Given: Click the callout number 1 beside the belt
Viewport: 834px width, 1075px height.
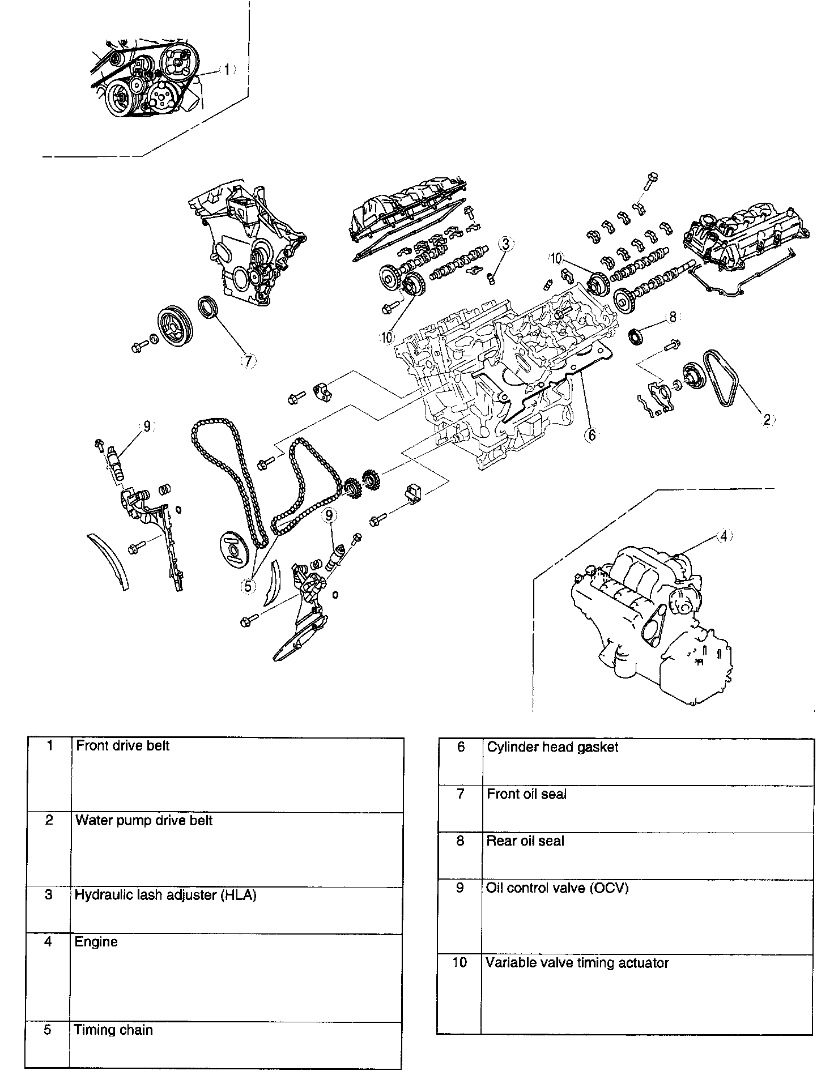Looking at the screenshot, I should (x=226, y=70).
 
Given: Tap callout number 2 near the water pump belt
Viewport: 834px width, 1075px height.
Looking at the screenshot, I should (x=767, y=419).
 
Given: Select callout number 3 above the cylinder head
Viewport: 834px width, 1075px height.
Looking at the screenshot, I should (x=507, y=244).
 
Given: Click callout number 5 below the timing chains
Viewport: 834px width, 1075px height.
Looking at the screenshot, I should (x=248, y=586).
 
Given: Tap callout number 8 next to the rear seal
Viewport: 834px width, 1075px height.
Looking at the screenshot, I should (x=673, y=317).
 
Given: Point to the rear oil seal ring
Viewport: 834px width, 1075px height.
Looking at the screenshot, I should (x=637, y=336).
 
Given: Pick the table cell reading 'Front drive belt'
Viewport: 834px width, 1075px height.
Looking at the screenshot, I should (x=123, y=746).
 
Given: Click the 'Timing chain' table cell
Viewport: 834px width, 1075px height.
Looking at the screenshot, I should (x=113, y=1030).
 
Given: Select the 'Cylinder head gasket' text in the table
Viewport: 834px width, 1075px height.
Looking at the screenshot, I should (x=552, y=748).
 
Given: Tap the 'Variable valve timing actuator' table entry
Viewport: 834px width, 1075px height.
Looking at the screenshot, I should (x=577, y=963).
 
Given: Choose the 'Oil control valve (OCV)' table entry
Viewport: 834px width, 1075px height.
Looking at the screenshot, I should (x=558, y=888).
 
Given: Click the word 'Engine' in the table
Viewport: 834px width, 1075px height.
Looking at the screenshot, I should (x=96, y=942).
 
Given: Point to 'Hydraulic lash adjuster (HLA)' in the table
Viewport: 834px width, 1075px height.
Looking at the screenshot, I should (x=165, y=895).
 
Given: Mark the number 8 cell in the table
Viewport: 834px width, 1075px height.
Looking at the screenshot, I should (x=460, y=841).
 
